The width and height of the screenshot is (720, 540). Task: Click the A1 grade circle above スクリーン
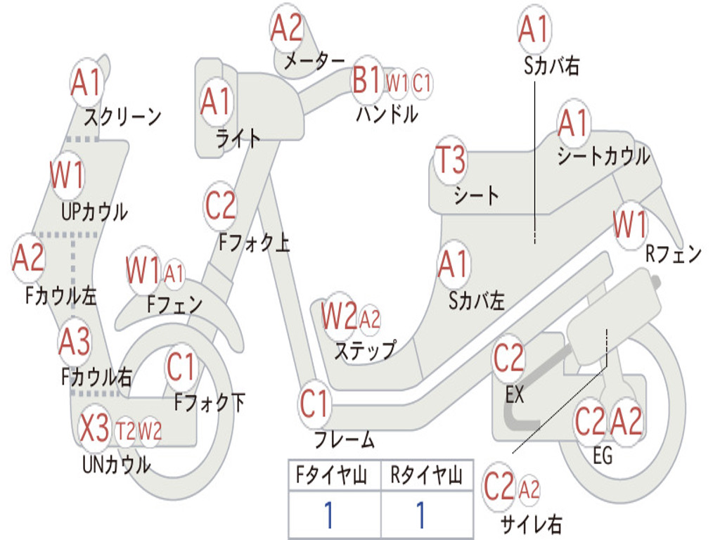pos(87,83)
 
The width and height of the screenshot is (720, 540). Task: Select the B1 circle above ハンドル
pos(366,80)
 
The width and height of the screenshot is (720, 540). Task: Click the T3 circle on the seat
pos(451,161)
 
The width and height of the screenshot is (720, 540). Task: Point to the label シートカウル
pos(603,156)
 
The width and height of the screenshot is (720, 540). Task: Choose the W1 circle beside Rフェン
pos(629,225)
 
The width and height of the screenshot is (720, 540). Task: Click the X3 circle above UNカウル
pos(94,428)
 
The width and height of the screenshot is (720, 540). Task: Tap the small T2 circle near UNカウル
pos(125,430)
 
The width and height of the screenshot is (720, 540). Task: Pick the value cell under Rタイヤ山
pos(420,515)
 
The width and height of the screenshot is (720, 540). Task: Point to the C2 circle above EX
pos(508,359)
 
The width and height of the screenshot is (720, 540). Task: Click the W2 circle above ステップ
pos(339,318)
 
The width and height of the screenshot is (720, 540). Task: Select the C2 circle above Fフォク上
pos(221,206)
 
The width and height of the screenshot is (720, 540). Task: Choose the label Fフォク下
pos(210,403)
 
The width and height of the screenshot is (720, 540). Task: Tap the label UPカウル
pos(94,211)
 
